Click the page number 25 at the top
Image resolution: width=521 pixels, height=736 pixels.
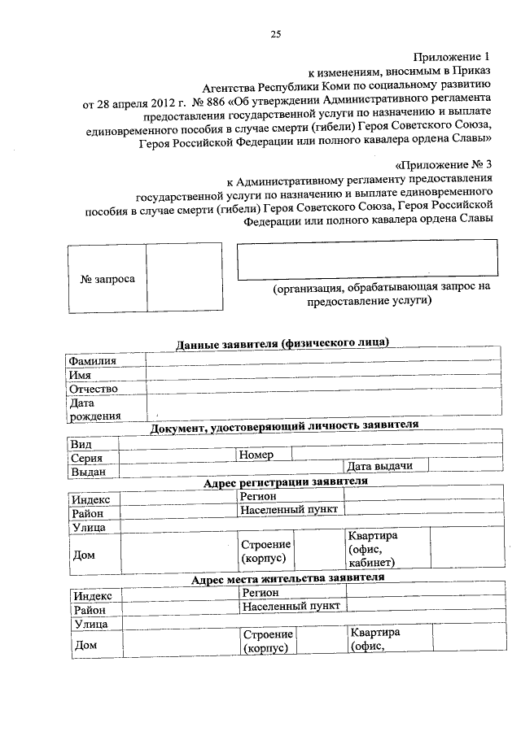click(276, 33)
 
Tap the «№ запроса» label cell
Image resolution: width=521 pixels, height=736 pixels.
click(107, 278)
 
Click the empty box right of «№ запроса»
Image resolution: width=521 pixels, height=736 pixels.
click(183, 278)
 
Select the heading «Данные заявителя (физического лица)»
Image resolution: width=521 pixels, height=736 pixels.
click(282, 343)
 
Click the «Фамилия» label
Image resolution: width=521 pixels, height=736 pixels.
click(92, 360)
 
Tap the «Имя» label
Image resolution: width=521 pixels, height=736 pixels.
click(80, 375)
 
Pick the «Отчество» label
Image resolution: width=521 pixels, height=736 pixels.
click(94, 389)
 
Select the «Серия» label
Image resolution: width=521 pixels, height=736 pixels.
click(86, 458)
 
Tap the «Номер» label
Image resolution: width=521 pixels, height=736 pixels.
click(256, 455)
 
